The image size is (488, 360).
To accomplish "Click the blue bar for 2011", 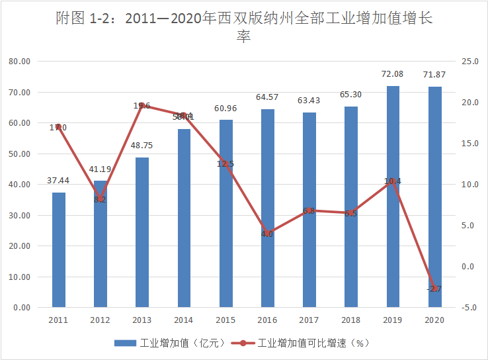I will [x=59, y=250].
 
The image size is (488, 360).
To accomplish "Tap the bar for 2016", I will [x=267, y=208].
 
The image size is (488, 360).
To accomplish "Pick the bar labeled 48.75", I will [x=142, y=232].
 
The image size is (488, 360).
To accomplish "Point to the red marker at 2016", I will [x=267, y=234].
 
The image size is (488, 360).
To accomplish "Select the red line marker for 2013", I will [x=142, y=105].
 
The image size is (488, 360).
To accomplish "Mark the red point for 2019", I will [x=393, y=181].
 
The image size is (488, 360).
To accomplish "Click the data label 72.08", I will [x=393, y=74].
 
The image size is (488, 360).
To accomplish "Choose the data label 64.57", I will [x=267, y=97].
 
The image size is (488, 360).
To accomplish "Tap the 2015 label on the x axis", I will [x=225, y=320].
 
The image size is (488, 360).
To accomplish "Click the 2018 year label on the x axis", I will [x=351, y=320].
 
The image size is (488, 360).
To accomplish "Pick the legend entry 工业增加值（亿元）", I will [x=171, y=343].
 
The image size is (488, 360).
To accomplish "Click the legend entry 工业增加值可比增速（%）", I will [x=311, y=343].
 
